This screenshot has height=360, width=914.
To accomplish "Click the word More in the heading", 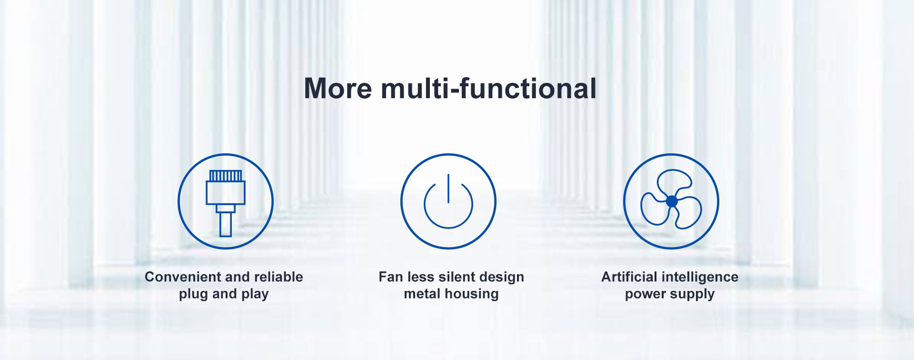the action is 338,89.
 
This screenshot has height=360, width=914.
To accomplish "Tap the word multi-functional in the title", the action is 488,89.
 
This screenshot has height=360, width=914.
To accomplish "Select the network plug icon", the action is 226,201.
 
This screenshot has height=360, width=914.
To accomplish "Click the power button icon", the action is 448,201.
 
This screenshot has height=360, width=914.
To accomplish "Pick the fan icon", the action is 671,201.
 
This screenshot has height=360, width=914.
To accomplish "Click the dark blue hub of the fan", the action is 672,201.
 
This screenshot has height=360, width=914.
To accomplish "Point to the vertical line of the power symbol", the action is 448,189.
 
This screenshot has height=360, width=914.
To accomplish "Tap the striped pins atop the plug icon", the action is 226,176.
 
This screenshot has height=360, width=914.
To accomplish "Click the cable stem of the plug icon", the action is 226,224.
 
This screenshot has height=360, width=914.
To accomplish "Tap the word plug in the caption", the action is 194,294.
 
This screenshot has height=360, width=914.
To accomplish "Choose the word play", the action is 255,294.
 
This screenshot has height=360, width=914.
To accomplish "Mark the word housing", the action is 471,294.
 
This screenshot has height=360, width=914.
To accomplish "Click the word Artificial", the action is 629,277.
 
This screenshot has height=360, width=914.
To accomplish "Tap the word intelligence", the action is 700,277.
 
